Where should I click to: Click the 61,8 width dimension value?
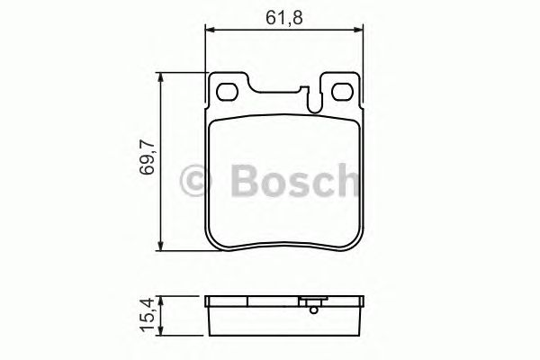click(284, 15)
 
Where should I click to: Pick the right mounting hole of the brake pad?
click(341, 92)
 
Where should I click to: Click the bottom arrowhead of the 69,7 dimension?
click(161, 247)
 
